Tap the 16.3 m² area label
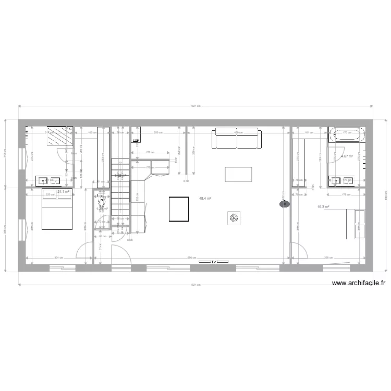(x=323, y=207)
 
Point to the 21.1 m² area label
(x=64, y=192)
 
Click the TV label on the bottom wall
(x=213, y=262)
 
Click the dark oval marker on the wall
(x=285, y=204)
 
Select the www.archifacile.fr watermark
(x=359, y=284)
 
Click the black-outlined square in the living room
(x=179, y=209)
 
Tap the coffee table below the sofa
(x=238, y=174)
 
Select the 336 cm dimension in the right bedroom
(x=327, y=258)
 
